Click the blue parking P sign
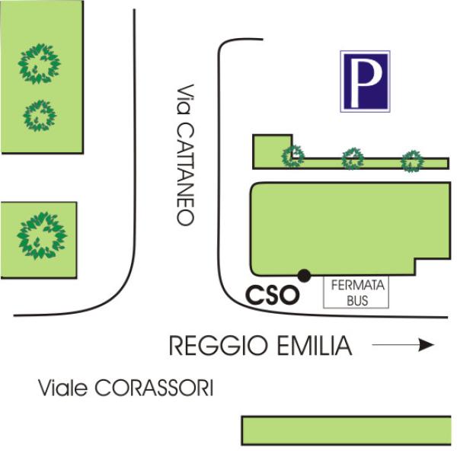click(365, 81)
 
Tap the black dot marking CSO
click(304, 276)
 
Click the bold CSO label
click(273, 296)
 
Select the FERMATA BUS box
click(356, 292)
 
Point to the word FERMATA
click(358, 286)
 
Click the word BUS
click(357, 301)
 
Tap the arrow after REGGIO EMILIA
click(403, 345)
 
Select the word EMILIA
click(315, 346)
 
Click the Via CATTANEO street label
click(185, 155)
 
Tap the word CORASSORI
click(154, 388)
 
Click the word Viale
click(63, 388)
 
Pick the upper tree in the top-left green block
click(39, 63)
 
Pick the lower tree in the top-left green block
click(40, 116)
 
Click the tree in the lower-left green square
click(42, 235)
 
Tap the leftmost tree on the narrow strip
click(293, 156)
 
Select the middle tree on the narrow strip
click(353, 159)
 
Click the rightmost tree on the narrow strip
click(411, 161)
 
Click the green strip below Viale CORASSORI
click(347, 430)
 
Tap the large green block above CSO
click(350, 228)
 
